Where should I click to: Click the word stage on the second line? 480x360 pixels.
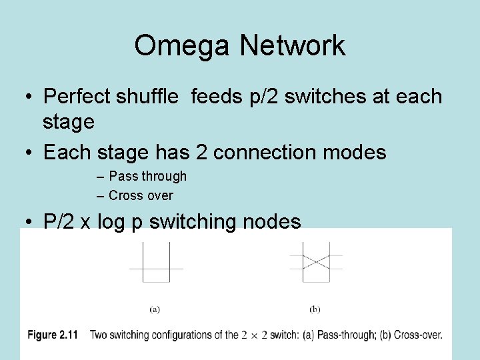click(x=68, y=122)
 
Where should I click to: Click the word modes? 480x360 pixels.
click(x=359, y=152)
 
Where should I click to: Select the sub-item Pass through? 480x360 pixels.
click(x=147, y=176)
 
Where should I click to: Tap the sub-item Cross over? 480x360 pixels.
click(x=141, y=195)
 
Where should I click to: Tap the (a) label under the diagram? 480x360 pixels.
click(x=155, y=309)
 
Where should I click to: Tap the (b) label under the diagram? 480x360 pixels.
click(x=315, y=309)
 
